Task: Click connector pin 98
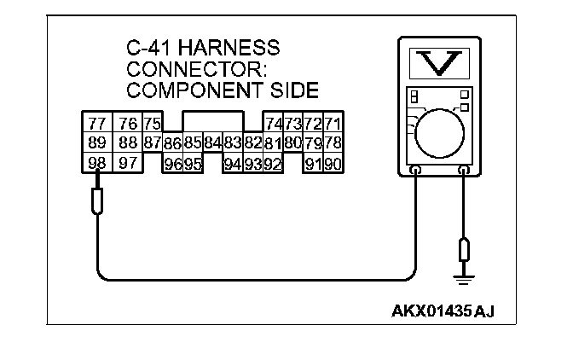(x=96, y=162)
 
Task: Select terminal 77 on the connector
(x=96, y=124)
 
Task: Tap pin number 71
(x=333, y=124)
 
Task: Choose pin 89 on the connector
(x=96, y=142)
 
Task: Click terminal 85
(x=193, y=143)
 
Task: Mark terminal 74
(x=275, y=124)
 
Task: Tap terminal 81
(x=274, y=143)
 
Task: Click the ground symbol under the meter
(x=464, y=278)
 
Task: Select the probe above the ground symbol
(x=464, y=250)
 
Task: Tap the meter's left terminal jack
(x=414, y=171)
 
